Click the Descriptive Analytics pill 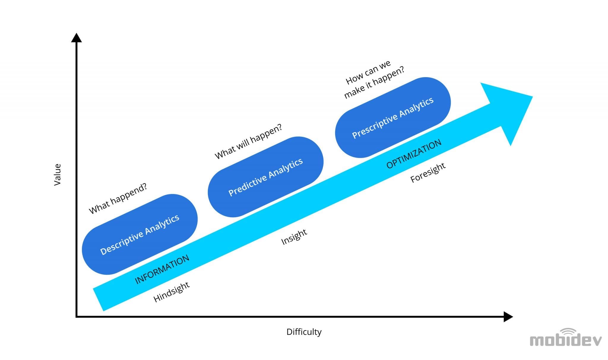coord(140,234)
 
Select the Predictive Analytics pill coord(265,177)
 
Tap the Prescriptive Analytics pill coord(393,118)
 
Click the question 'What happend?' coord(118,198)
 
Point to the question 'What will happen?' coord(248,142)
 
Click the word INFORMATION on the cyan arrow coord(162,269)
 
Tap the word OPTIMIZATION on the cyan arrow coord(414,154)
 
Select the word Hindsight coord(171,292)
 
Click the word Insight coord(294,237)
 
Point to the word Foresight coord(427,173)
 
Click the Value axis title coord(57,175)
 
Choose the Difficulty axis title coord(304,332)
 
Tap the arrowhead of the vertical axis coord(76,38)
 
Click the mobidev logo coord(566,340)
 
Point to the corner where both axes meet coord(77,317)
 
